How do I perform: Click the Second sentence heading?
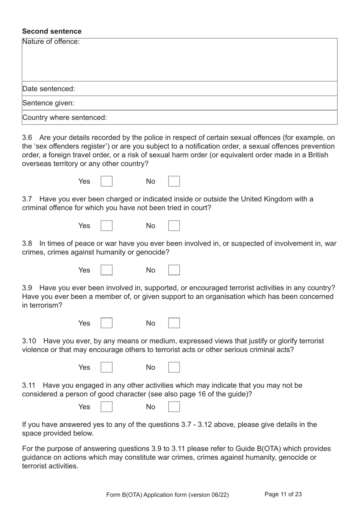(x=52, y=31)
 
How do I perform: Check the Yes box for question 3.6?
(x=106, y=181)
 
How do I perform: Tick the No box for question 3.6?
(x=174, y=181)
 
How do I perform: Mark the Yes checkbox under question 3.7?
(x=106, y=226)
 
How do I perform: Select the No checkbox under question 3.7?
(x=174, y=226)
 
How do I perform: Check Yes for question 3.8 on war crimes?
(x=106, y=270)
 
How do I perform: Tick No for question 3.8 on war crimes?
(x=174, y=270)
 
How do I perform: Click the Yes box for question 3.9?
(x=106, y=323)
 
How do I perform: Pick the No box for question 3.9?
(x=174, y=323)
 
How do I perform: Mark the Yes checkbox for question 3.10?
(x=106, y=367)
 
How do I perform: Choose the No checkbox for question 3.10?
(x=174, y=367)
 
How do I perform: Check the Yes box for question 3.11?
(x=106, y=407)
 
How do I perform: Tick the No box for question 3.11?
(x=174, y=407)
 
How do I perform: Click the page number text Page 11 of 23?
(x=283, y=494)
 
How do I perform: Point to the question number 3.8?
(x=27, y=244)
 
